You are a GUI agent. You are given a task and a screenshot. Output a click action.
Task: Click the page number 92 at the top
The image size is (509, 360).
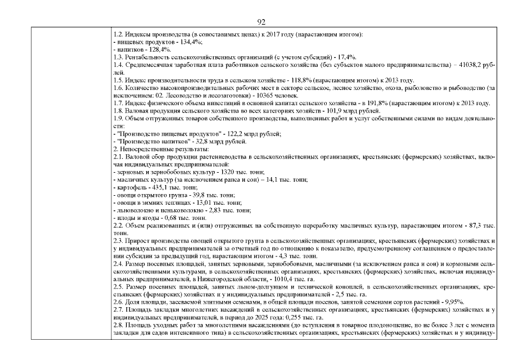pyautogui.click(x=260, y=22)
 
